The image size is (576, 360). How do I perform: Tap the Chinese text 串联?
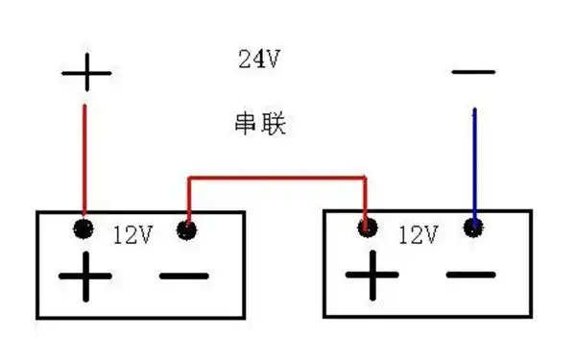point(260,124)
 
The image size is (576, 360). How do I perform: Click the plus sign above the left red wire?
point(85,72)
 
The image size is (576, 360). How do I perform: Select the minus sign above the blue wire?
point(472,71)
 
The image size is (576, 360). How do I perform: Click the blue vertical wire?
point(472,163)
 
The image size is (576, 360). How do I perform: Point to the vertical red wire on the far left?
point(84,158)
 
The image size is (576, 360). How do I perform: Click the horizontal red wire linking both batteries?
point(276,178)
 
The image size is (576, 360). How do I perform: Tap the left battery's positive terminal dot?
point(84,228)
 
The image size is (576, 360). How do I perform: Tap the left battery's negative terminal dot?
point(187,230)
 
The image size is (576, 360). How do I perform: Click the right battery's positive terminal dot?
point(366,228)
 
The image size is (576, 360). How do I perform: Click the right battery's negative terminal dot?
point(472,228)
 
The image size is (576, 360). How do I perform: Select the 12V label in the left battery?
point(132,233)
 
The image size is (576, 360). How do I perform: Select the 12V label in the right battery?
point(418,233)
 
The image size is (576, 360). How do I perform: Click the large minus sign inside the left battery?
point(183,277)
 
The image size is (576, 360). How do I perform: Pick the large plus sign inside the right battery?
point(372,276)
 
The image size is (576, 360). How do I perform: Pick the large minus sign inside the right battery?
point(471,276)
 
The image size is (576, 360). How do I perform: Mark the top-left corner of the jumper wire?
point(188,178)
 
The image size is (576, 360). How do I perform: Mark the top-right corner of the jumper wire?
point(365,178)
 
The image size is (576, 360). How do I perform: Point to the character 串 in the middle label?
point(247,124)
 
